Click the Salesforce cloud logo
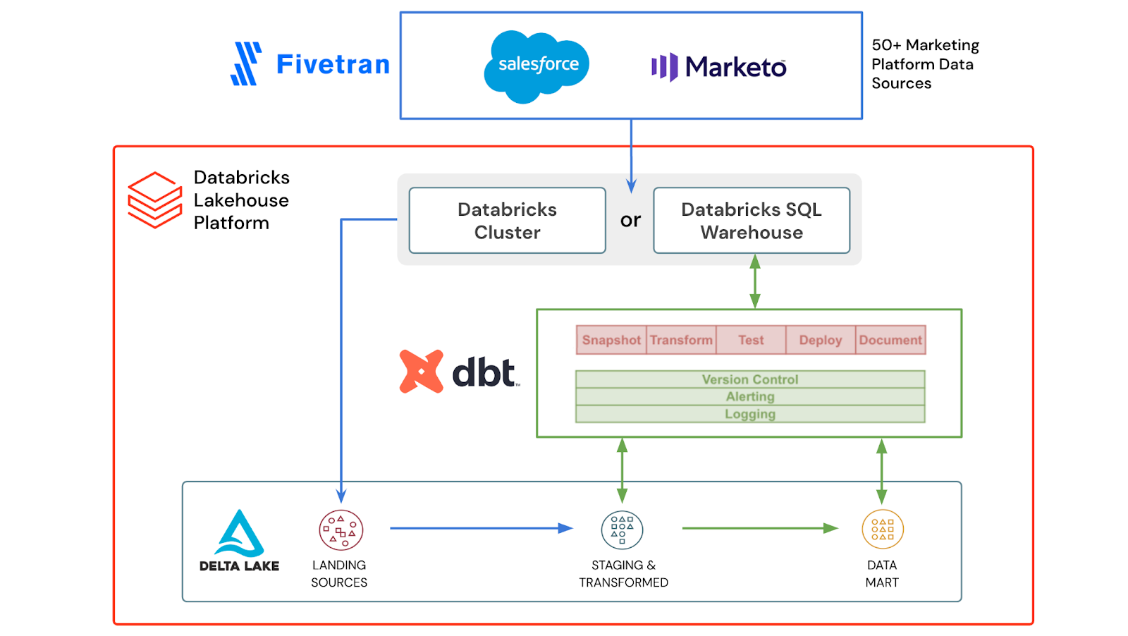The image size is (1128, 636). [537, 66]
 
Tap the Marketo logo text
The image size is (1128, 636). [735, 68]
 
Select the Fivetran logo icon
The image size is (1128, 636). [246, 64]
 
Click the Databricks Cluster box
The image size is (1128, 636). [507, 221]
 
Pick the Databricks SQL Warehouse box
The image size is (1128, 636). [751, 221]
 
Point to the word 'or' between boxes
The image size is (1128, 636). [630, 221]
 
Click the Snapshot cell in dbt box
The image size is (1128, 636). [611, 340]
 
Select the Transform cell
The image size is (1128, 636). [681, 340]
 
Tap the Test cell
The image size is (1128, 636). [751, 340]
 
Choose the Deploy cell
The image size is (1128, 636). [820, 340]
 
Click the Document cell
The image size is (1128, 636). [890, 340]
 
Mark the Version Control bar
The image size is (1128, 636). [750, 379]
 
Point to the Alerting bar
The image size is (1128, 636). [750, 397]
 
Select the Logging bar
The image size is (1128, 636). [750, 415]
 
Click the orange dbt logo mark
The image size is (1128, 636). [422, 372]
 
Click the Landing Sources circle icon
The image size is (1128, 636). [341, 530]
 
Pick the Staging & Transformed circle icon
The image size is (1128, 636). [622, 530]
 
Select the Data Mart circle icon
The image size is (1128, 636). [883, 530]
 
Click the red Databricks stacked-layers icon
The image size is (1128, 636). [154, 200]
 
